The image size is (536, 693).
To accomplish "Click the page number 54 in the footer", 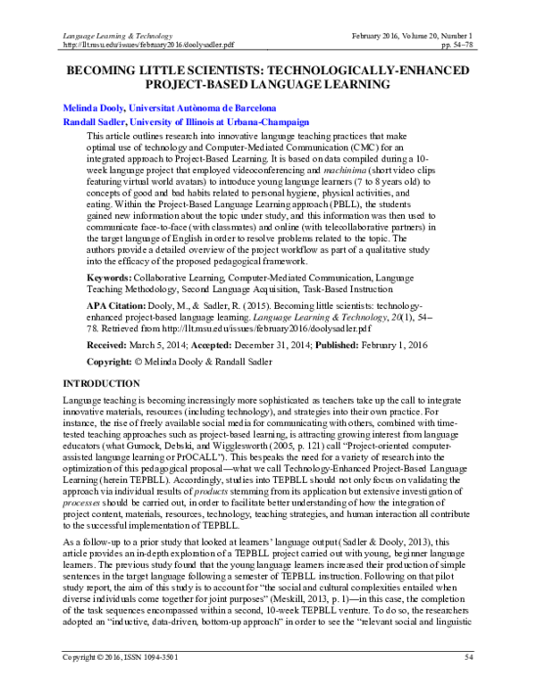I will (470, 682).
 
